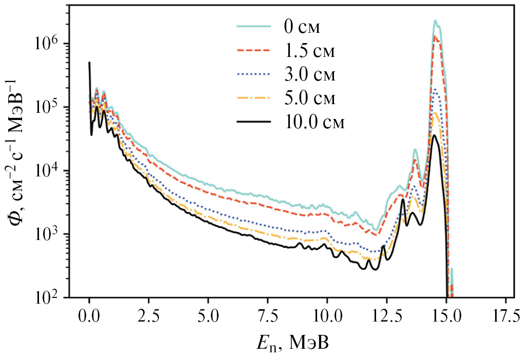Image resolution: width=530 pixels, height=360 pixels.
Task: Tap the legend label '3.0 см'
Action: click(x=308, y=74)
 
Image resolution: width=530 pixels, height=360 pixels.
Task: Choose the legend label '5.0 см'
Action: click(x=308, y=98)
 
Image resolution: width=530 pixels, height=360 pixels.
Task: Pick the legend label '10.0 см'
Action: click(x=313, y=123)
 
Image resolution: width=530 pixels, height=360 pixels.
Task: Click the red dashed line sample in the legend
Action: click(x=253, y=50)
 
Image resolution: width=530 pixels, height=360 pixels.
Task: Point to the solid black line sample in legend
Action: click(x=253, y=123)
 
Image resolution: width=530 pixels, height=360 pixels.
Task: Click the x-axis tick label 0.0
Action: click(x=89, y=314)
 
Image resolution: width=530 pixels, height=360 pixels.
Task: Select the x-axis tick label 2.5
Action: click(x=149, y=314)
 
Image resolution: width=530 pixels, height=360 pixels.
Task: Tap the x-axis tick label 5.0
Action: click(x=208, y=314)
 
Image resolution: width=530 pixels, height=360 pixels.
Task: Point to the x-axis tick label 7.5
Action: click(x=268, y=314)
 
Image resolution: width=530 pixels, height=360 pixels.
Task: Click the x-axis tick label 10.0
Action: click(x=327, y=314)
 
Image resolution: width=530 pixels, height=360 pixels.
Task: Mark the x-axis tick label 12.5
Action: click(x=387, y=314)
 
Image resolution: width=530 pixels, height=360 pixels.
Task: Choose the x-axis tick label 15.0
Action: click(x=446, y=314)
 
